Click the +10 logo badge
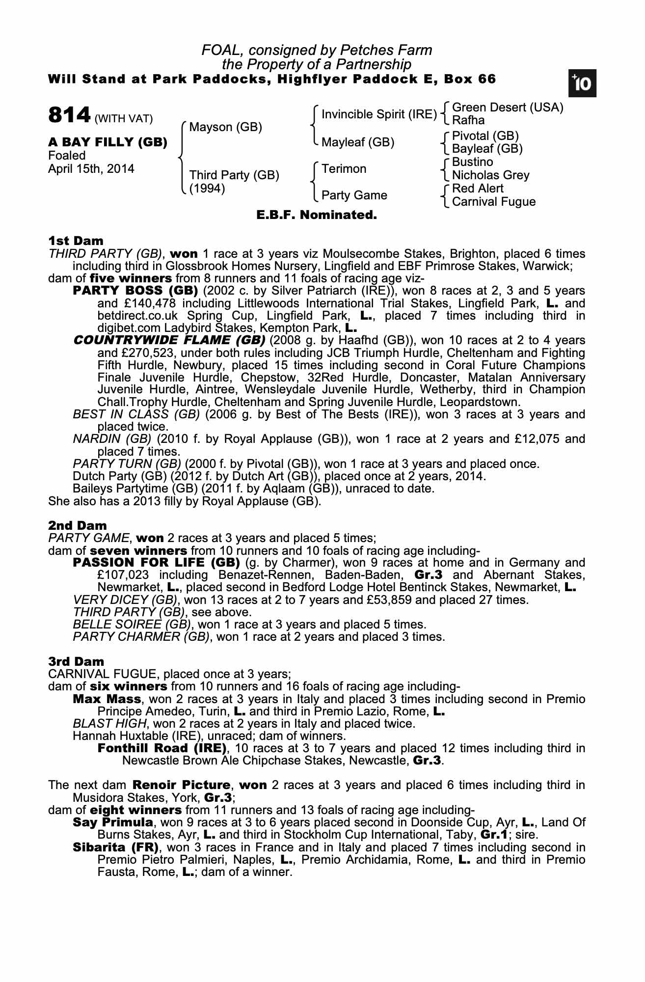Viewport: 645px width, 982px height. tap(582, 84)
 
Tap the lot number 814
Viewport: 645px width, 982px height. tap(69, 116)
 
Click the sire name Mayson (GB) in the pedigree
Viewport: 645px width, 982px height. tap(225, 127)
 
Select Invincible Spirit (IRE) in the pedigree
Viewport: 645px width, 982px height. tap(379, 114)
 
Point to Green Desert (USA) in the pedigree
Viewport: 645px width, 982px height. tap(507, 108)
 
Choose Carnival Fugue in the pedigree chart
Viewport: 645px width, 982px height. tap(493, 202)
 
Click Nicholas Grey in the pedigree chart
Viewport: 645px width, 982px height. tap(490, 175)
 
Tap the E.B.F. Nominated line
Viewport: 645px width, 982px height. tap(317, 215)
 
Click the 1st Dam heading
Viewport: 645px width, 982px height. tap(76, 241)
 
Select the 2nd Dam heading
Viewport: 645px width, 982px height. tap(77, 525)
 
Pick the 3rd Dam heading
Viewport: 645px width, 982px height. tap(76, 661)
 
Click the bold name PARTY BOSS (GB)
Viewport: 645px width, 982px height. tap(135, 291)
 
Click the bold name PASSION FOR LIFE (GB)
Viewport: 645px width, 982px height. tap(156, 562)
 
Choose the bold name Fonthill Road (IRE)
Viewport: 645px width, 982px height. tap(162, 748)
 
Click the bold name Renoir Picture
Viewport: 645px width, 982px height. tap(181, 785)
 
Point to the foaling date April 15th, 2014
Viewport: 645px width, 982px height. tap(91, 169)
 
